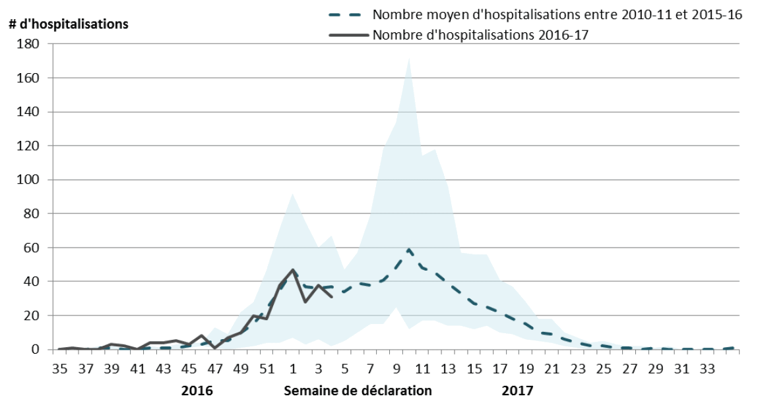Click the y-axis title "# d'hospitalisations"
pyautogui.click(x=69, y=24)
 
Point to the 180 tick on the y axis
pyautogui.click(x=31, y=44)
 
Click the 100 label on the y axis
pyautogui.click(x=31, y=180)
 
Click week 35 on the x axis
pyautogui.click(x=60, y=368)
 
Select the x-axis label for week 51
pyautogui.click(x=267, y=368)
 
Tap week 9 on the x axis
pyautogui.click(x=396, y=368)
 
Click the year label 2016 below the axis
pyautogui.click(x=197, y=391)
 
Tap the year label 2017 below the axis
pyautogui.click(x=517, y=391)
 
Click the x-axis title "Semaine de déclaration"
pyautogui.click(x=358, y=391)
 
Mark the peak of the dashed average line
pyautogui.click(x=409, y=249)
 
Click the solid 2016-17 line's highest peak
pyautogui.click(x=293, y=270)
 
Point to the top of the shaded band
pyautogui.click(x=409, y=58)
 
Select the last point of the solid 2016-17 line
pyautogui.click(x=332, y=297)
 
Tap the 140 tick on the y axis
pyautogui.click(x=31, y=112)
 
